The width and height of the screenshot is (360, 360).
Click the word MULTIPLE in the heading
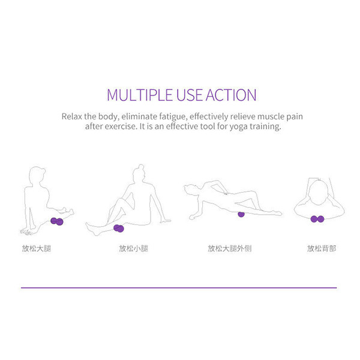click(x=140, y=95)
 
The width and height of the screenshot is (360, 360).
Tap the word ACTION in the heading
click(x=231, y=95)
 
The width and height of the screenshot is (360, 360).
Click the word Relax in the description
click(x=71, y=116)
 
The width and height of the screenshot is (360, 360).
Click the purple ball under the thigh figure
click(x=57, y=221)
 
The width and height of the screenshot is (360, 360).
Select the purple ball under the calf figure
click(x=118, y=228)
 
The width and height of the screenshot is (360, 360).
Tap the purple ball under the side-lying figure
click(x=241, y=214)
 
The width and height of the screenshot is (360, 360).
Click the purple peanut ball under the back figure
click(x=317, y=219)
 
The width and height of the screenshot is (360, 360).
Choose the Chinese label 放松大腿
click(x=37, y=248)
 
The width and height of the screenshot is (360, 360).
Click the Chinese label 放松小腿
click(x=133, y=248)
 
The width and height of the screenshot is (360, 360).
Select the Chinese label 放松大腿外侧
click(x=230, y=248)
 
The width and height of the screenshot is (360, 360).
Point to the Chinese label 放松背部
click(x=322, y=248)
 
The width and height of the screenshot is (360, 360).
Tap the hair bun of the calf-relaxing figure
click(x=141, y=166)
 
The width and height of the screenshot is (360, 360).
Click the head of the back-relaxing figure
click(x=318, y=193)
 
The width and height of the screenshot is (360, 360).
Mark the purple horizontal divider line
click(x=179, y=287)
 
